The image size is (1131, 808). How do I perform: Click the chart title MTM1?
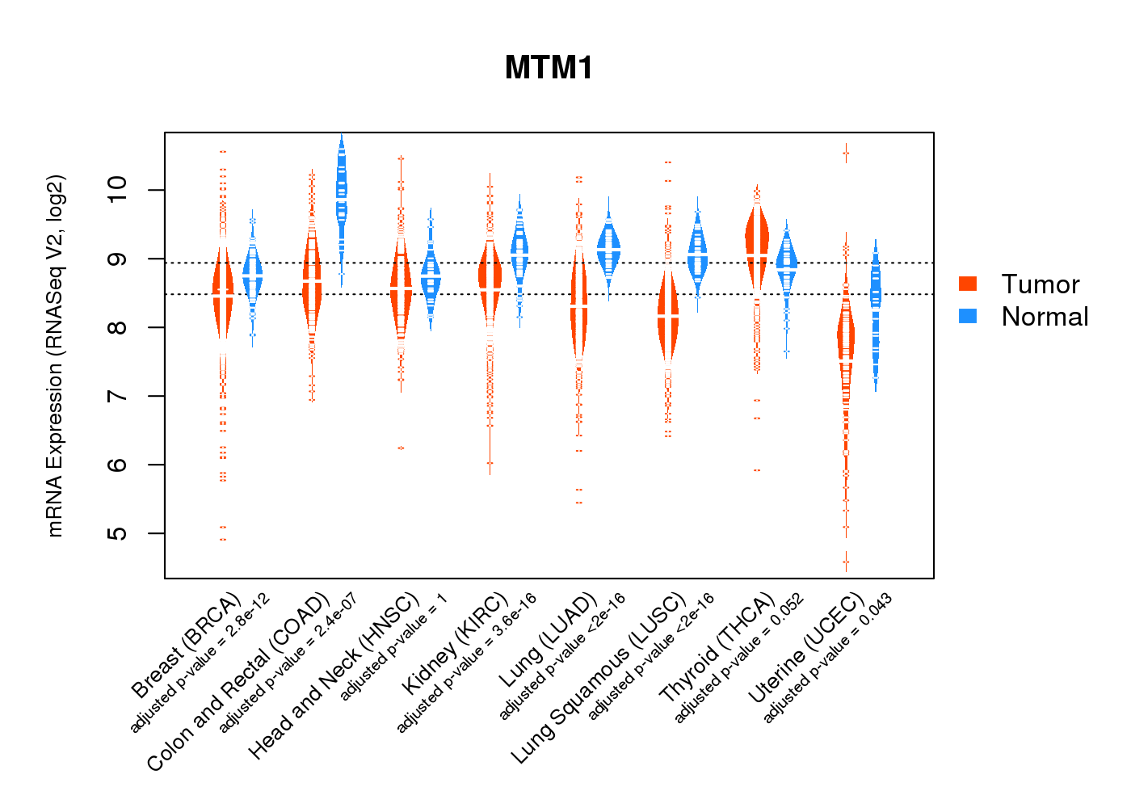549,68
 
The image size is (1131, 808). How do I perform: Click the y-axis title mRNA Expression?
55,356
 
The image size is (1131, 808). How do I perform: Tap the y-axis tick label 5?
118,533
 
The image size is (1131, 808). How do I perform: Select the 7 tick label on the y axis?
118,396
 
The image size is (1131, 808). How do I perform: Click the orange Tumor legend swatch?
968,284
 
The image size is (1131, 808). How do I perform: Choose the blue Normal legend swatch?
968,316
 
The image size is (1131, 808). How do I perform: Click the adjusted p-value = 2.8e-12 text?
200,663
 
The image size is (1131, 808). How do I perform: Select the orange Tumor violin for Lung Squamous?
668,315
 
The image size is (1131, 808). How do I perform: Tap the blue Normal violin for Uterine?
875,307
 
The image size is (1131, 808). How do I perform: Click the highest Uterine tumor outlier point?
846,153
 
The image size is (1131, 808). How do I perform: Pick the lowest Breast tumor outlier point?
223,539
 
